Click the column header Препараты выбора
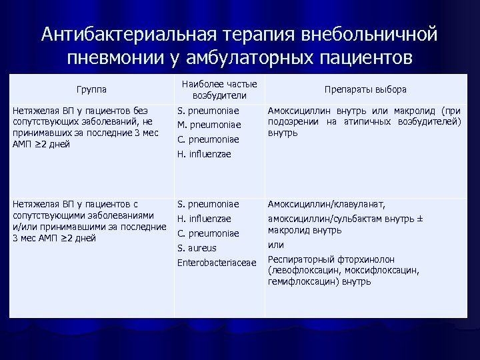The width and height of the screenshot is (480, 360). click(x=365, y=89)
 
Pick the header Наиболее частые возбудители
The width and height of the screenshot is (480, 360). click(x=220, y=89)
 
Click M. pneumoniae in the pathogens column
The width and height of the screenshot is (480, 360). click(x=208, y=124)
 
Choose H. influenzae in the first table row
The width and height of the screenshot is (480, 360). click(x=204, y=155)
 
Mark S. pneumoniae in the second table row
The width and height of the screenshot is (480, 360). click(x=208, y=204)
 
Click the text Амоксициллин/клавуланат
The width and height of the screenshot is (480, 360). click(x=327, y=204)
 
